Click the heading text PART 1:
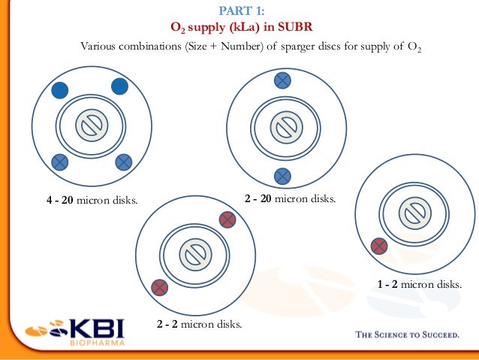click(x=240, y=11)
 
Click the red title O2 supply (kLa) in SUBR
click(x=240, y=28)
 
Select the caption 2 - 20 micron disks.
click(x=291, y=199)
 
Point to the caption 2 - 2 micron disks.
click(x=199, y=325)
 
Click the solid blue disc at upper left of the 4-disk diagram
click(x=60, y=90)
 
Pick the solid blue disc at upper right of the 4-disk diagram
click(x=119, y=86)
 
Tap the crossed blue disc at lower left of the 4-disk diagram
click(x=59, y=161)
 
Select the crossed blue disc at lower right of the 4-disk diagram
click(x=124, y=161)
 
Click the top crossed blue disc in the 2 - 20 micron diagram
click(x=282, y=80)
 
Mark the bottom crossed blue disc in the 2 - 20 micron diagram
click(x=282, y=176)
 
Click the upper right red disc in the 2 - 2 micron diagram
click(x=227, y=219)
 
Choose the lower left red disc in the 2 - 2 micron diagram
click(x=159, y=287)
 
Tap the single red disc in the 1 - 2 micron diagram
click(x=379, y=246)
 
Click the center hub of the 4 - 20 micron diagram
click(x=90, y=126)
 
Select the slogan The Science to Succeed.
click(x=406, y=335)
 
